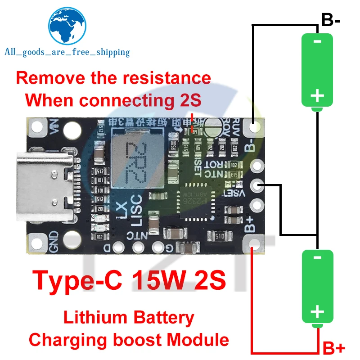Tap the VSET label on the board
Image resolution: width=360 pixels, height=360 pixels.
pyautogui.click(x=234, y=193)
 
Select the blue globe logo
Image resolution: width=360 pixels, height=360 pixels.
pyautogui.click(x=67, y=27)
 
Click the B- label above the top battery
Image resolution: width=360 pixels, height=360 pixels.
pyautogui.click(x=333, y=20)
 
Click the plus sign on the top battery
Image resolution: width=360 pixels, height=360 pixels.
pyautogui.click(x=318, y=95)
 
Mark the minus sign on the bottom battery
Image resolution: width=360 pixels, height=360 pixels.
pyautogui.click(x=317, y=257)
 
